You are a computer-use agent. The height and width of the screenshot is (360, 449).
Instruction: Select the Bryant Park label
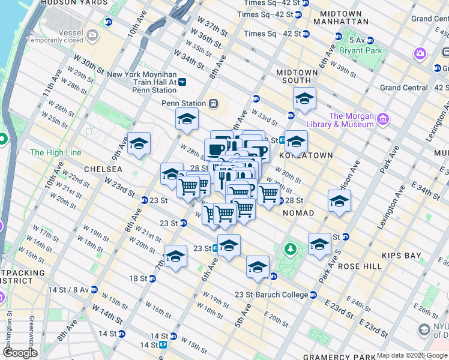pyautogui.click(x=360, y=51)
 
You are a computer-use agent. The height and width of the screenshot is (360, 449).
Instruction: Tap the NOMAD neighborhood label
pyautogui.click(x=298, y=213)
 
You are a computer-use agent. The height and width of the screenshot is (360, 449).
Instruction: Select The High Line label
pyautogui.click(x=55, y=153)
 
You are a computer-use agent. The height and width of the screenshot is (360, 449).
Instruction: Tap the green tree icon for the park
pyautogui.click(x=291, y=248)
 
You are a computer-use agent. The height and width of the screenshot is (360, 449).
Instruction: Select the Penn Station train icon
pyautogui.click(x=213, y=103)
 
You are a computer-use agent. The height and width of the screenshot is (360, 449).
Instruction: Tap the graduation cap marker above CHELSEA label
pyautogui.click(x=139, y=143)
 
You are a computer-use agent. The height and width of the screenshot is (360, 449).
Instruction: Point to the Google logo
pyautogui.click(x=20, y=353)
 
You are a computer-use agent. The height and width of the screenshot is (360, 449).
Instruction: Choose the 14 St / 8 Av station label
pyautogui.click(x=71, y=290)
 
